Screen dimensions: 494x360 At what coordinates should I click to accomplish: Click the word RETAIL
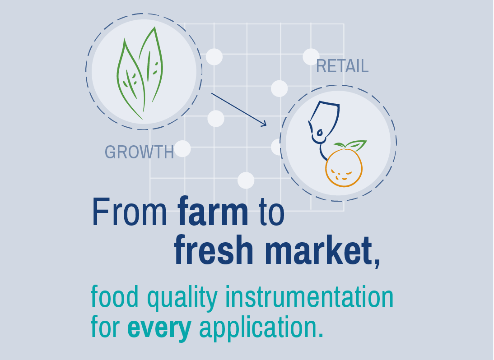[342, 66]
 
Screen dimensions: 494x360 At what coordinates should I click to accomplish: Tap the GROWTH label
[139, 152]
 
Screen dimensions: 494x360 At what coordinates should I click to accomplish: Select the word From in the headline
[129, 211]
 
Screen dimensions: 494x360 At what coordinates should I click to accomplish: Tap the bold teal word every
[159, 328]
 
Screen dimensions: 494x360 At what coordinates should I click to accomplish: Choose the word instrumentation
[309, 296]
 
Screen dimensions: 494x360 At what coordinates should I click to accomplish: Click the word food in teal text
[115, 296]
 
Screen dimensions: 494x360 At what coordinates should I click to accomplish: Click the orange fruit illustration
[344, 168]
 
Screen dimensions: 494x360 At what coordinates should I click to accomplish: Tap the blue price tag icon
[324, 123]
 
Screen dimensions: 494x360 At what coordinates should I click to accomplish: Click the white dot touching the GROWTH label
[182, 148]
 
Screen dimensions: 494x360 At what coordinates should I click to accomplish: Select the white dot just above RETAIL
[311, 57]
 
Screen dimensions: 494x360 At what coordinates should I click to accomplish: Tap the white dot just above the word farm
[246, 180]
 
